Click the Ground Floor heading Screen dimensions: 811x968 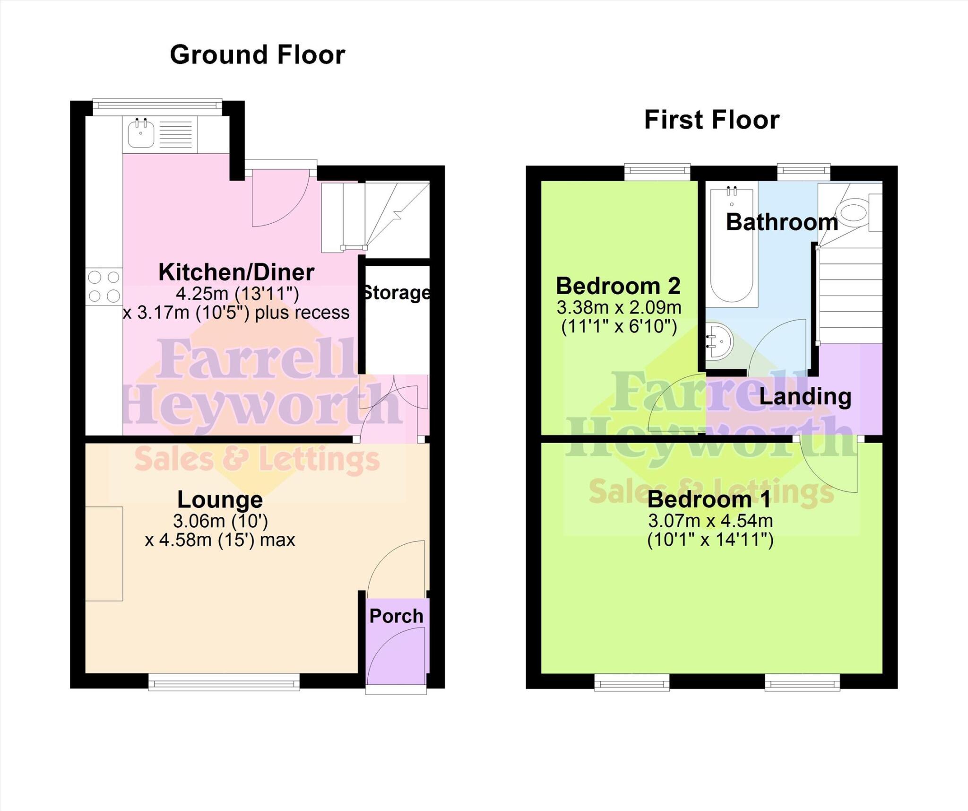pyautogui.click(x=258, y=55)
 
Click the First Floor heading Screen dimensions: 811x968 pyautogui.click(x=711, y=120)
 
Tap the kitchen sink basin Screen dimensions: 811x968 pyautogui.click(x=141, y=133)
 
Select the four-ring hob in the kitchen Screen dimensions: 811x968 pyautogui.click(x=104, y=286)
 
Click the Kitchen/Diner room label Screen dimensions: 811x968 pyautogui.click(x=236, y=272)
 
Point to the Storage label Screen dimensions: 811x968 pyautogui.click(x=396, y=293)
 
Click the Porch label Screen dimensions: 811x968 pyautogui.click(x=396, y=616)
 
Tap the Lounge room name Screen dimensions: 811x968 pyautogui.click(x=220, y=499)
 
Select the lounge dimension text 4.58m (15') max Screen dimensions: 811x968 pyautogui.click(x=220, y=540)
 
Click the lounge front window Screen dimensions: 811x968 pyautogui.click(x=224, y=683)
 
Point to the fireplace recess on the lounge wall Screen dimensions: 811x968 pyautogui.click(x=104, y=553)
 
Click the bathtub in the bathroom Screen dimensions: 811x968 pyautogui.click(x=732, y=246)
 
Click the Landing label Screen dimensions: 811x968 pyautogui.click(x=805, y=396)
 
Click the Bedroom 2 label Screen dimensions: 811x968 pyautogui.click(x=618, y=286)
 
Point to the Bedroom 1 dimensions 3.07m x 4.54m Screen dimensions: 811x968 pyautogui.click(x=710, y=521)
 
